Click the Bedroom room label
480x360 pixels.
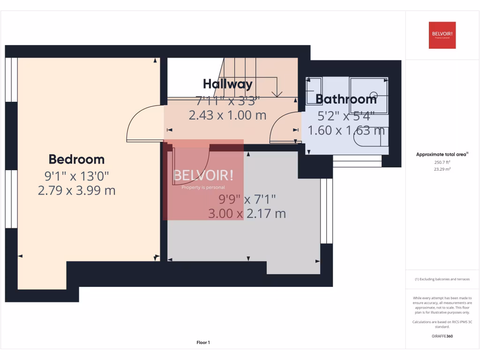76,159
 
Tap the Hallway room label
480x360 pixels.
227,84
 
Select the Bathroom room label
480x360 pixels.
346,99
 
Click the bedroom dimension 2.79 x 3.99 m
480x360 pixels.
76,191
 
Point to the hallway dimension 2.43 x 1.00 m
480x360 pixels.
227,115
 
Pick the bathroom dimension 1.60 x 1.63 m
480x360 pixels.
346,130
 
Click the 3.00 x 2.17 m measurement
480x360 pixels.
247,214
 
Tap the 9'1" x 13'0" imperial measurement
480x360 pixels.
76,176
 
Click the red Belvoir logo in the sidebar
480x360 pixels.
442,35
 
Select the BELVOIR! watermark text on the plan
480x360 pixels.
203,176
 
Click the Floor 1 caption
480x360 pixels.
203,343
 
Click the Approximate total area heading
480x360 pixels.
442,154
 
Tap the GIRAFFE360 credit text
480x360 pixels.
442,336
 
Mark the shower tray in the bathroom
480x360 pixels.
369,95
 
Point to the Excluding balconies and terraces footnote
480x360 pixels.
442,279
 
